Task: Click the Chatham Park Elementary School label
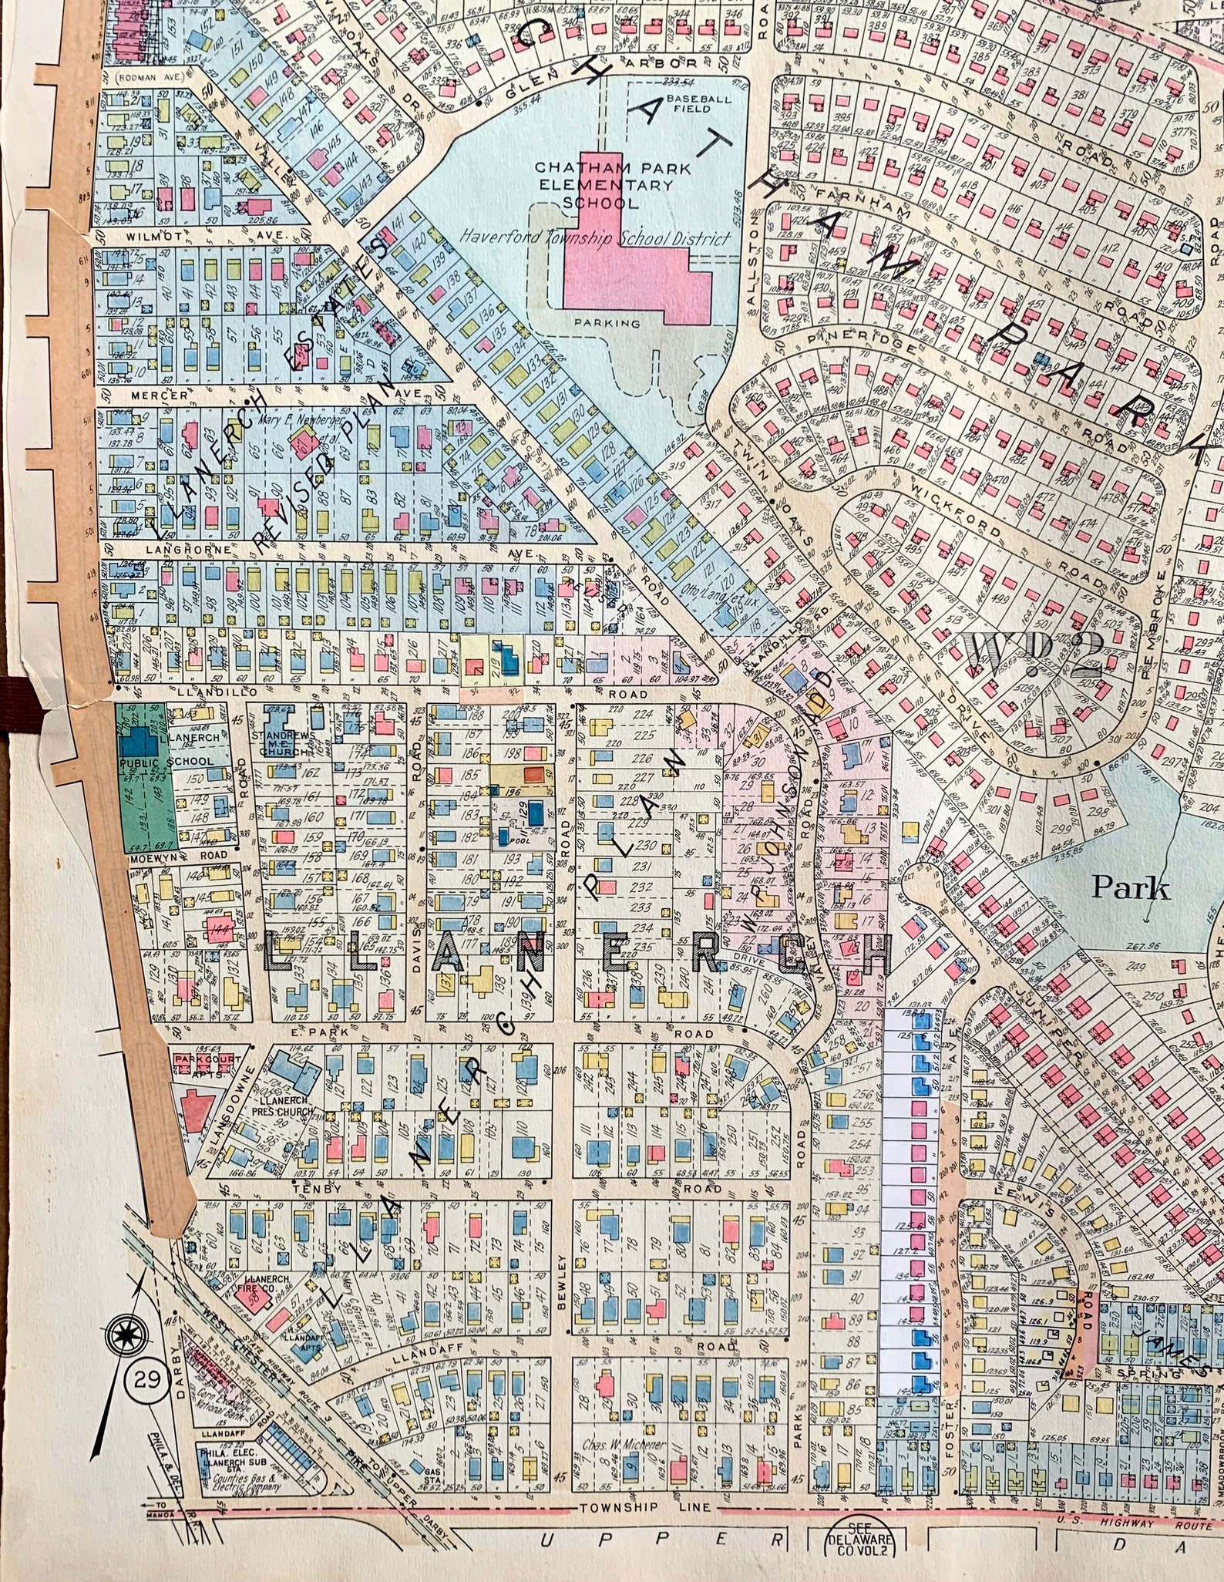click(604, 185)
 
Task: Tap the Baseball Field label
click(688, 104)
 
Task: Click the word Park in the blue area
click(1131, 889)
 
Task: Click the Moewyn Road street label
click(179, 855)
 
